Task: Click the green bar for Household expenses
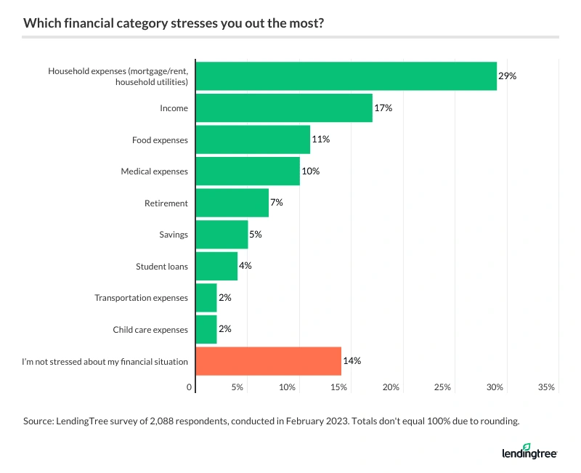(346, 76)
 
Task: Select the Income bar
(284, 108)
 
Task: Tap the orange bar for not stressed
(269, 361)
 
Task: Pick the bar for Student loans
(216, 266)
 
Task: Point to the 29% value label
(507, 76)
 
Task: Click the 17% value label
(383, 108)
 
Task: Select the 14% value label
(352, 361)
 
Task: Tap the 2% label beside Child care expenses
(224, 329)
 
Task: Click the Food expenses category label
(160, 140)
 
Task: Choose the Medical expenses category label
(154, 171)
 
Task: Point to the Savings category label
(174, 235)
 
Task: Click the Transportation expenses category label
(141, 298)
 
